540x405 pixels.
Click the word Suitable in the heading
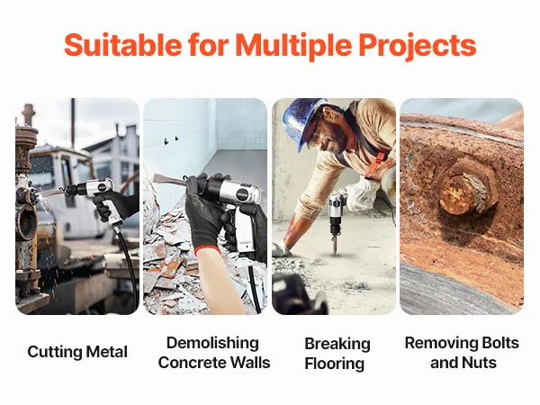pos(123,45)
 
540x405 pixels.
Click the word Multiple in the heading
pos(293,46)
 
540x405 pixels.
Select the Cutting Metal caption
pos(77,352)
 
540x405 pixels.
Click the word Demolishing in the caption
pos(212,343)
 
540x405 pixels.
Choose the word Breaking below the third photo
pos(337,344)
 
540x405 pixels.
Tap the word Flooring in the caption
pos(335,364)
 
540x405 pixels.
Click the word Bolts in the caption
pos(500,343)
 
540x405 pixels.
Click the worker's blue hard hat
pos(303,121)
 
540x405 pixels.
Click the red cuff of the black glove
pos(208,250)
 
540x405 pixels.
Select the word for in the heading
pos(209,45)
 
